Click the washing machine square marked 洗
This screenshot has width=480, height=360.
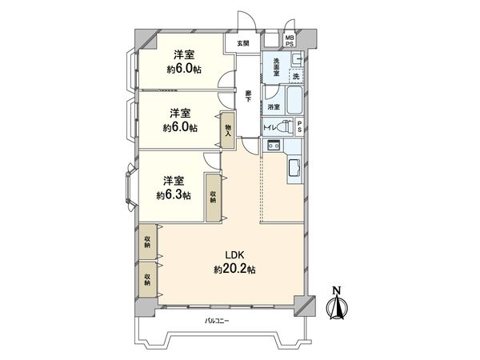pos(295,75)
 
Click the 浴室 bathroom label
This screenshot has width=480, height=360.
pos(274,106)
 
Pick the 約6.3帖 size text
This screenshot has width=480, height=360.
pos(173,195)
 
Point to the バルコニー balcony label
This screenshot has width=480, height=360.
pos(217,320)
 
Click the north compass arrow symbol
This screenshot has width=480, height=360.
pos(337,306)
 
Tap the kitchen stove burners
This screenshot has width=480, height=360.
pos(273,145)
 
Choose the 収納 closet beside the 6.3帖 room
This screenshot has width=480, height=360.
pos(214,197)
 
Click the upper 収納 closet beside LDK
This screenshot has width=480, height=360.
pos(148,243)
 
